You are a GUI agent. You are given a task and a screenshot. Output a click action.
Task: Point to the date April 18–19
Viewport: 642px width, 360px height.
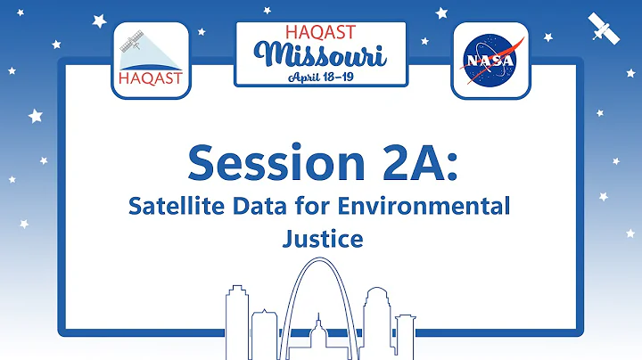coord(321,77)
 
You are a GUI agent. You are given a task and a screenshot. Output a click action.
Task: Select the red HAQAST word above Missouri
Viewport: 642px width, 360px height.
coord(320,32)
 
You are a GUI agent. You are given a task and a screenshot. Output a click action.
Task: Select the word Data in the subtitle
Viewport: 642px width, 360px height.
coord(259,207)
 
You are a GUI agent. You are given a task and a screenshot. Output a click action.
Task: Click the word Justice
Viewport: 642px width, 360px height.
coord(320,239)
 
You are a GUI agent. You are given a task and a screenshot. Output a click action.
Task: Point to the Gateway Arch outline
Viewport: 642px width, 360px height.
coord(321,267)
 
